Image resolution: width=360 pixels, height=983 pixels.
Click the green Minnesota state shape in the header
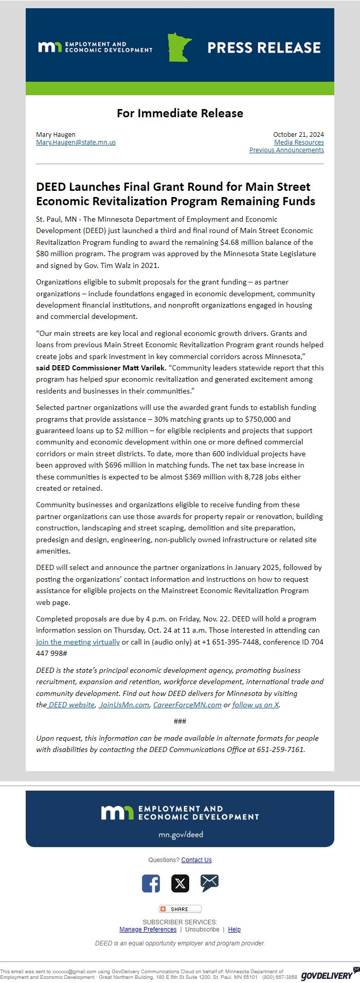point(179,47)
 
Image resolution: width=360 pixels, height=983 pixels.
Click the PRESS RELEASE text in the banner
point(264,48)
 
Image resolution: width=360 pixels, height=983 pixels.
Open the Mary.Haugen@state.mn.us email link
point(76,142)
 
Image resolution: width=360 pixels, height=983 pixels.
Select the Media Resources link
point(299,142)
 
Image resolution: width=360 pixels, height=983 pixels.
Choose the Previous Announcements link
point(286,150)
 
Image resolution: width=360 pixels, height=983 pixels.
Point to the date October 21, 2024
point(298,135)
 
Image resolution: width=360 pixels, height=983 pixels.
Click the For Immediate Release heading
point(180,113)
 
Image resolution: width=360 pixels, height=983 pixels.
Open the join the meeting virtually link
point(78,642)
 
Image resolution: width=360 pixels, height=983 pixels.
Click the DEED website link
point(71,705)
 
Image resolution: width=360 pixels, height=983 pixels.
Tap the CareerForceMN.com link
point(187,705)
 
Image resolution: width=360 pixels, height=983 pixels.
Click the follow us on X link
point(256,705)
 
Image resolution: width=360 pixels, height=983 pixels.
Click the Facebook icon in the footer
point(151,884)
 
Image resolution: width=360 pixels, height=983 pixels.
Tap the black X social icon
point(180,884)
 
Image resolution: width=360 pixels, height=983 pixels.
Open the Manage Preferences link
point(148,930)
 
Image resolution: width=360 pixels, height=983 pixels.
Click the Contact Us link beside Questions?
point(196,860)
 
